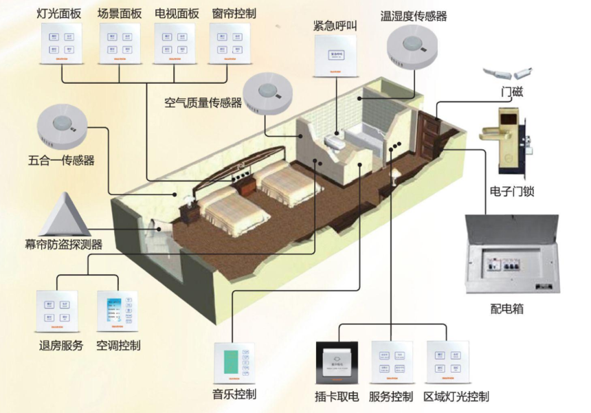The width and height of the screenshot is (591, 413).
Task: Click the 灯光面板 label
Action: coord(58,13)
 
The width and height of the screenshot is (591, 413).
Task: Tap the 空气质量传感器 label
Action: coord(203,104)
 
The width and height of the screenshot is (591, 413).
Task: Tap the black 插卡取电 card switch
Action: coord(337,362)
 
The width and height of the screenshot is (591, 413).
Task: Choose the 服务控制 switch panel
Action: coord(391,361)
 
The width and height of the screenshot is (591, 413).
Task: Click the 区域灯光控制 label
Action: coord(456,397)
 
